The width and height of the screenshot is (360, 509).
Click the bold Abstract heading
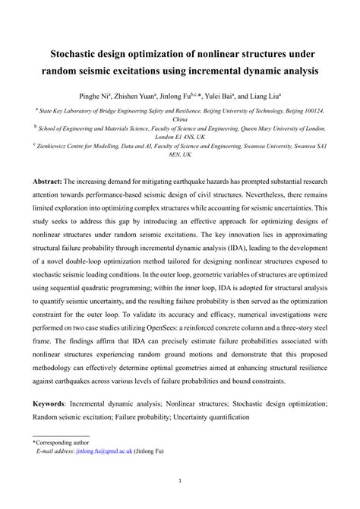pos(47,182)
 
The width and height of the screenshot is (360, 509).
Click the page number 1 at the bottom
pos(180,479)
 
